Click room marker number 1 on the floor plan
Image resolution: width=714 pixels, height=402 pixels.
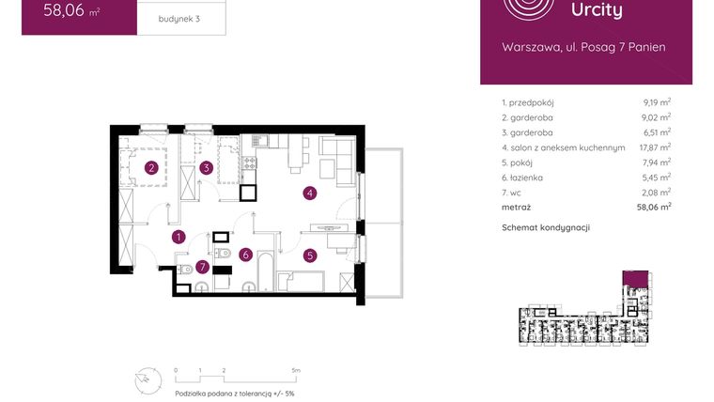(x=178, y=238)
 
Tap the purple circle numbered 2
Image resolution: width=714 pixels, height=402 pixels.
(x=150, y=169)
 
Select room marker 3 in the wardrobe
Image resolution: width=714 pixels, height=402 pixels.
(x=206, y=169)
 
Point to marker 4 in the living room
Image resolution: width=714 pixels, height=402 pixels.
(x=308, y=194)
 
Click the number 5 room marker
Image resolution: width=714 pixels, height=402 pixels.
(x=309, y=254)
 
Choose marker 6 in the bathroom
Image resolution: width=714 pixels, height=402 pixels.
(x=244, y=254)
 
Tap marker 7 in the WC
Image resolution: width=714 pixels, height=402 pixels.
(x=202, y=267)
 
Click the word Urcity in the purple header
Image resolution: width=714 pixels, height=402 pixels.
(x=597, y=11)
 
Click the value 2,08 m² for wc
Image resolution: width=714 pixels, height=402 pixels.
(x=654, y=192)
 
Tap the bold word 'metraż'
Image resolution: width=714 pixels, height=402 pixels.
(x=517, y=207)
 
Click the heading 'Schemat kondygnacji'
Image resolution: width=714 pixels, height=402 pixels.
(x=546, y=227)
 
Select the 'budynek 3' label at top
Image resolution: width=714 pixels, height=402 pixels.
(x=179, y=19)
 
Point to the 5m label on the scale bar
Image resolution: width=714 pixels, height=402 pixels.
(x=295, y=371)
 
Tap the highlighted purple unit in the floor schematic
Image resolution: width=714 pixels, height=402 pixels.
(x=636, y=277)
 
